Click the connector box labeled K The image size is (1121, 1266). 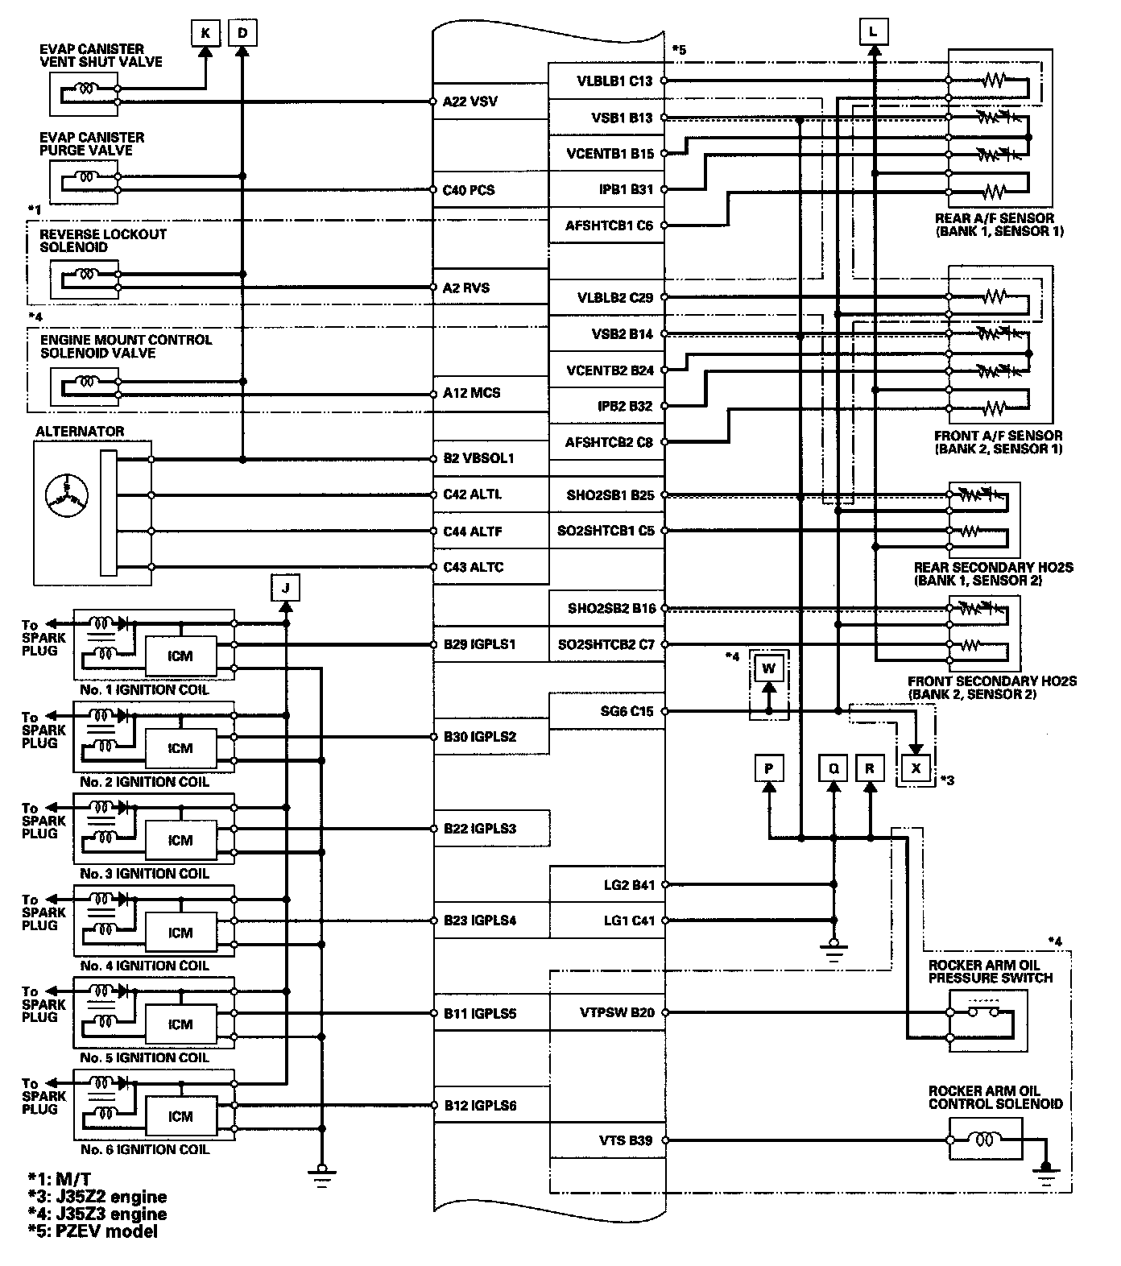pyautogui.click(x=205, y=33)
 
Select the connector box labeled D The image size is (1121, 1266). pyautogui.click(x=242, y=33)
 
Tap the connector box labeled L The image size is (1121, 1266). pyautogui.click(x=874, y=32)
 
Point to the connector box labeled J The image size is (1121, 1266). pyautogui.click(x=285, y=588)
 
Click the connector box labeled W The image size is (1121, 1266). pyautogui.click(x=768, y=668)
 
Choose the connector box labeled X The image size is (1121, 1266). pyautogui.click(x=916, y=768)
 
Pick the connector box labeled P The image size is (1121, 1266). pyautogui.click(x=768, y=768)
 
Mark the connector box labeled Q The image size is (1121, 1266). pyautogui.click(x=834, y=768)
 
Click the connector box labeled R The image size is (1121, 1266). pyautogui.click(x=870, y=768)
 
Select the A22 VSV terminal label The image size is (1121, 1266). pyautogui.click(x=470, y=102)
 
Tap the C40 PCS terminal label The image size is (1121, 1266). pyautogui.click(x=469, y=191)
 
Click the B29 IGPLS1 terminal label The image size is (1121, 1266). pyautogui.click(x=479, y=645)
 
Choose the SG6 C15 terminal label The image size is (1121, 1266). pyautogui.click(x=626, y=711)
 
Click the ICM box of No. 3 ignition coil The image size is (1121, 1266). pyautogui.click(x=180, y=840)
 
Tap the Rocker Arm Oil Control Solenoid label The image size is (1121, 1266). pyautogui.click(x=995, y=1097)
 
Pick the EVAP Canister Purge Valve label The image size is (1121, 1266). pyautogui.click(x=92, y=143)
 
